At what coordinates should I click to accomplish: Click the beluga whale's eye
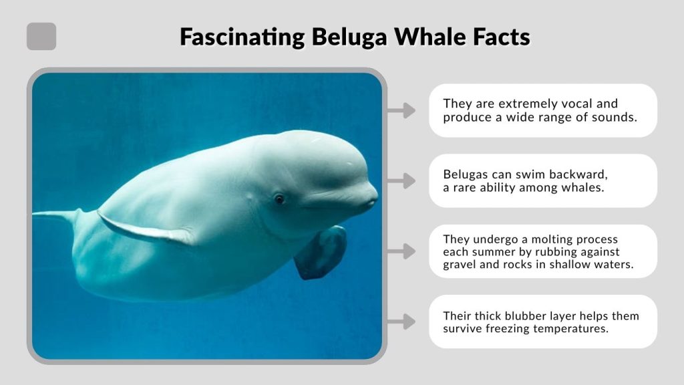click(x=279, y=199)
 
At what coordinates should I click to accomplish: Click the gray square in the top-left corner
click(x=41, y=36)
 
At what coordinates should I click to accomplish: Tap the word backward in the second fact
click(x=578, y=174)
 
